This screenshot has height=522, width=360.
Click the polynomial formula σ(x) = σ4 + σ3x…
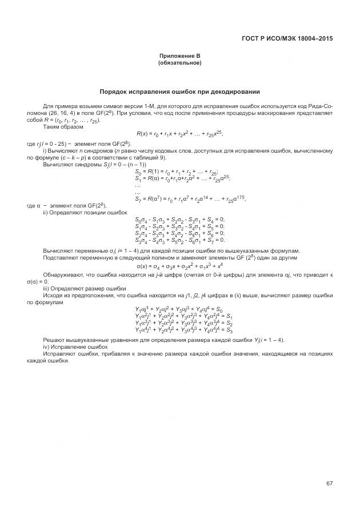pyautogui.click(x=179, y=266)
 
